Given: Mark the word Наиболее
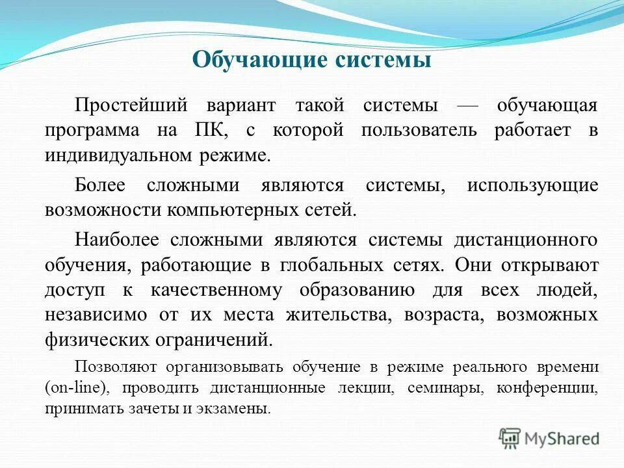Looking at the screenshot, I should (116, 240).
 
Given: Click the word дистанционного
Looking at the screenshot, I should (525, 240).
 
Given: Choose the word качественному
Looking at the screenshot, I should (217, 290).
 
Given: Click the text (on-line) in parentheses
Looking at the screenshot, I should (73, 388).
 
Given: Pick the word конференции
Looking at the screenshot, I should (547, 388).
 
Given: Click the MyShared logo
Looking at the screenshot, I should (549, 438).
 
